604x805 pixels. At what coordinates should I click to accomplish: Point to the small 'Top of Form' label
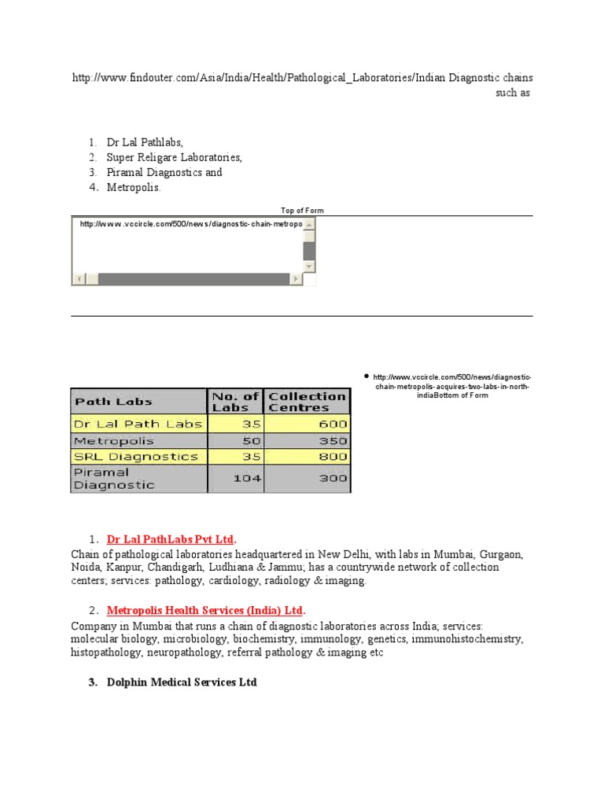click(302, 211)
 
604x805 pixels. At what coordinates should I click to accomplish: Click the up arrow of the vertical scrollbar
click(309, 225)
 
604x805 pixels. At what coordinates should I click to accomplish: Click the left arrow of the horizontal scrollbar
click(79, 279)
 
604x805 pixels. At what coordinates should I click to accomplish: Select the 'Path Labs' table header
click(113, 402)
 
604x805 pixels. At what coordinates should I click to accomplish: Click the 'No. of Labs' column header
click(235, 402)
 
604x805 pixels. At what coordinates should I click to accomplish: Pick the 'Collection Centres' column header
click(307, 402)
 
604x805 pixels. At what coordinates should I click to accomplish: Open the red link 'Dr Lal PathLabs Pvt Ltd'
click(171, 539)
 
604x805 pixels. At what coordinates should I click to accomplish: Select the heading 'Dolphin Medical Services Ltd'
click(182, 682)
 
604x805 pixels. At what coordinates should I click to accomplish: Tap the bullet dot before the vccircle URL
click(366, 377)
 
